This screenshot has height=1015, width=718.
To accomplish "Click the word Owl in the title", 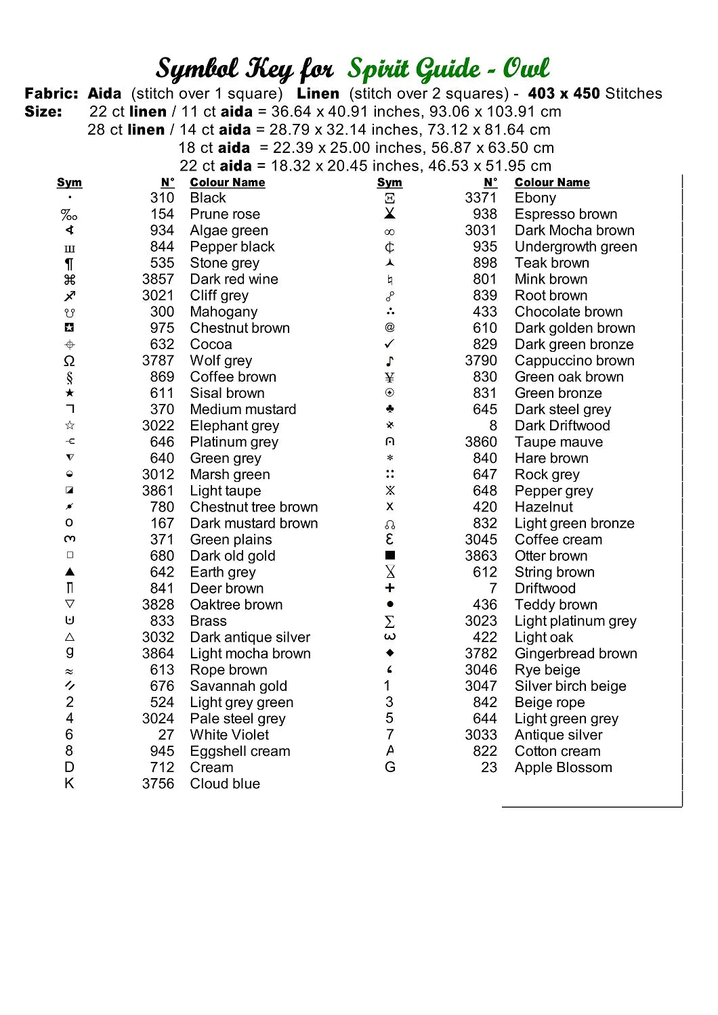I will [526, 68].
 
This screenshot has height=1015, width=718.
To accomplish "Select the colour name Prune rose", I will [225, 215].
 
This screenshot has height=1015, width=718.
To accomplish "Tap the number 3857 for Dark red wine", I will [158, 279].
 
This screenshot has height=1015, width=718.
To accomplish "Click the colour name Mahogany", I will [224, 312].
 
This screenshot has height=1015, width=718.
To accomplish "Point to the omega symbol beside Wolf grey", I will [69, 361].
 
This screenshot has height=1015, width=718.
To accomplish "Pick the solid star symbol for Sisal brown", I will [69, 393].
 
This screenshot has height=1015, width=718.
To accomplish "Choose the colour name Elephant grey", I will [234, 426].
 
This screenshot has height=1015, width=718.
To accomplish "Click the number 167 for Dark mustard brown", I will [162, 523].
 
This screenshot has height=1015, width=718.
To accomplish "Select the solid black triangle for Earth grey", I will [69, 572].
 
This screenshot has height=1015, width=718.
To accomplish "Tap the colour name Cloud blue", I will [225, 784].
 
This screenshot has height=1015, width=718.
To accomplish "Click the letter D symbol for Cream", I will [69, 767].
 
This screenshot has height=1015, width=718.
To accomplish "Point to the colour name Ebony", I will [535, 198].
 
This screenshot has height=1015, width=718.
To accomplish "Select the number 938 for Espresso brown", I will [485, 215].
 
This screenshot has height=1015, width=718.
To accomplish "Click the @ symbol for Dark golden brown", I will [389, 328].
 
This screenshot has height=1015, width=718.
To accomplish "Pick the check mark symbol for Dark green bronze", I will [389, 344].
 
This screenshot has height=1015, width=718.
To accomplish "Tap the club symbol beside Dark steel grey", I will [389, 409].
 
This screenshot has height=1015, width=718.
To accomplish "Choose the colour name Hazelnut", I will [543, 507].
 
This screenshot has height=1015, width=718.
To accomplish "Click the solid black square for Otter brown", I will [389, 556].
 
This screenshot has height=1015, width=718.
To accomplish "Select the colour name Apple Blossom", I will [563, 767].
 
